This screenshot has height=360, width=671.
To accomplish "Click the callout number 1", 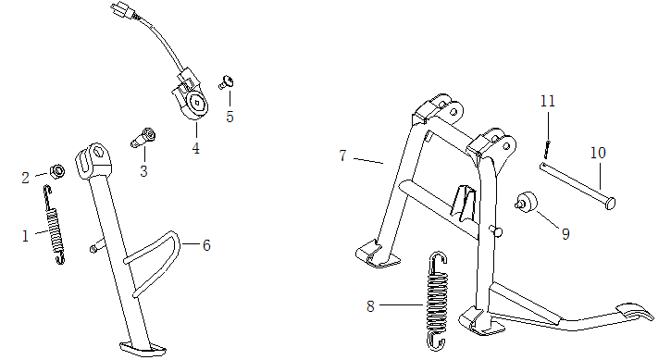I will coord(26,236).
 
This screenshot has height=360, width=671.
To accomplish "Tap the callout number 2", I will coord(27,176).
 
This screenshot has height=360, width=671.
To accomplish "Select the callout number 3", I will coord(143,171).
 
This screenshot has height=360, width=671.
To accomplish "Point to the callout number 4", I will coord(195,147).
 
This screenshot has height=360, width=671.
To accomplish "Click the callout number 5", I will coord(230,117).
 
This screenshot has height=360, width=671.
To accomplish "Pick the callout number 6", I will coord(206,245).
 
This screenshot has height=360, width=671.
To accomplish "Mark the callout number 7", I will coord(342,155).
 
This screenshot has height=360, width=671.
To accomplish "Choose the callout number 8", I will coord(370,305).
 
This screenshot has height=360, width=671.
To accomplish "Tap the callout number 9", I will coord(565,234).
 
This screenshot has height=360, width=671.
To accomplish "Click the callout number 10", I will coord(597,152).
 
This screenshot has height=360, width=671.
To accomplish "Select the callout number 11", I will coord(547,100).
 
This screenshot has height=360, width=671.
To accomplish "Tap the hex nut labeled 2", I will coord(56,169).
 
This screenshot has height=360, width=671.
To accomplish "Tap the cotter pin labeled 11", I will coord(547,147).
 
